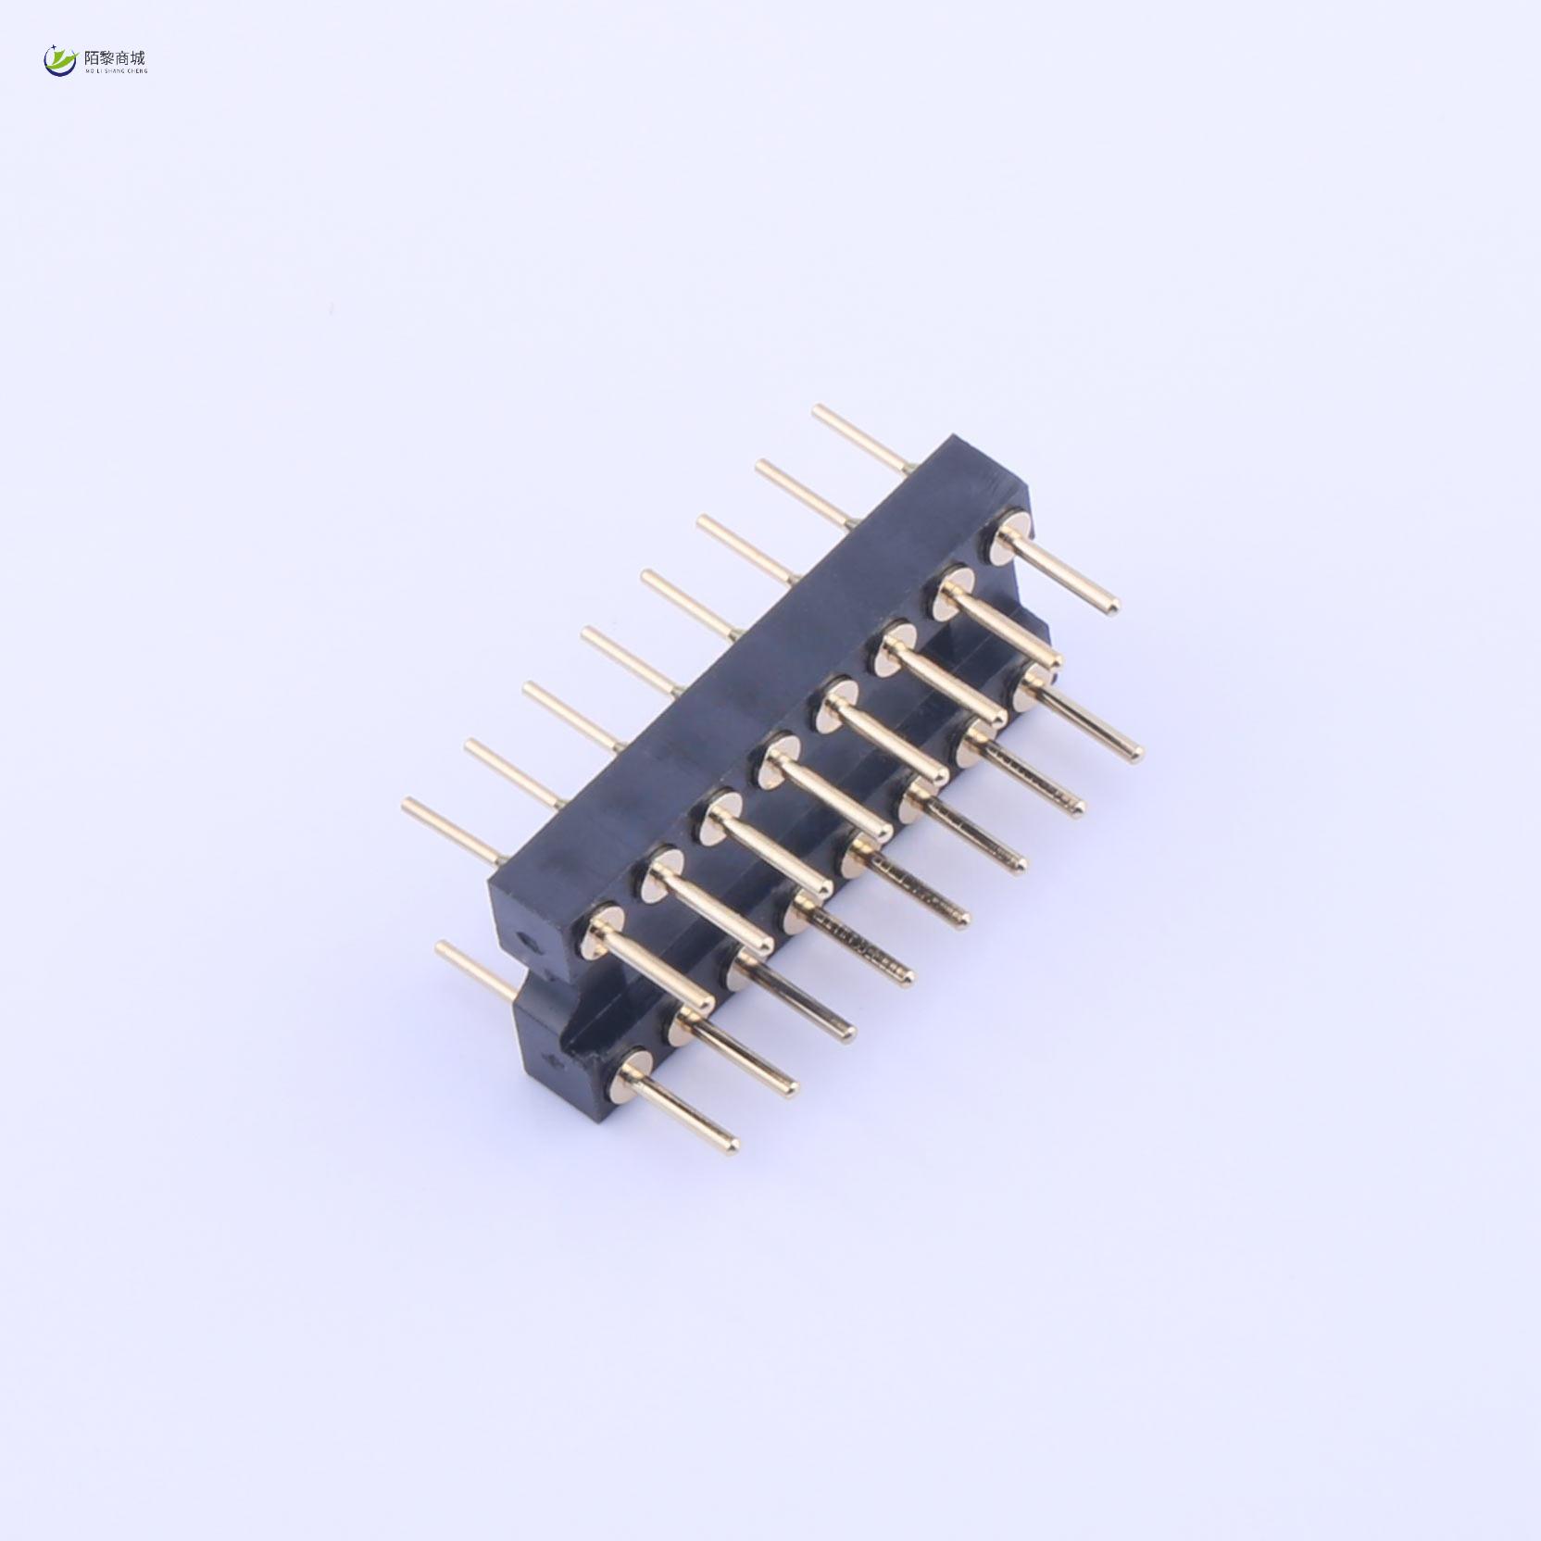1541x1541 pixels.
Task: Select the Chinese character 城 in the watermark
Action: [138, 56]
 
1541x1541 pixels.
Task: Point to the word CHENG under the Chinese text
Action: [136, 70]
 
